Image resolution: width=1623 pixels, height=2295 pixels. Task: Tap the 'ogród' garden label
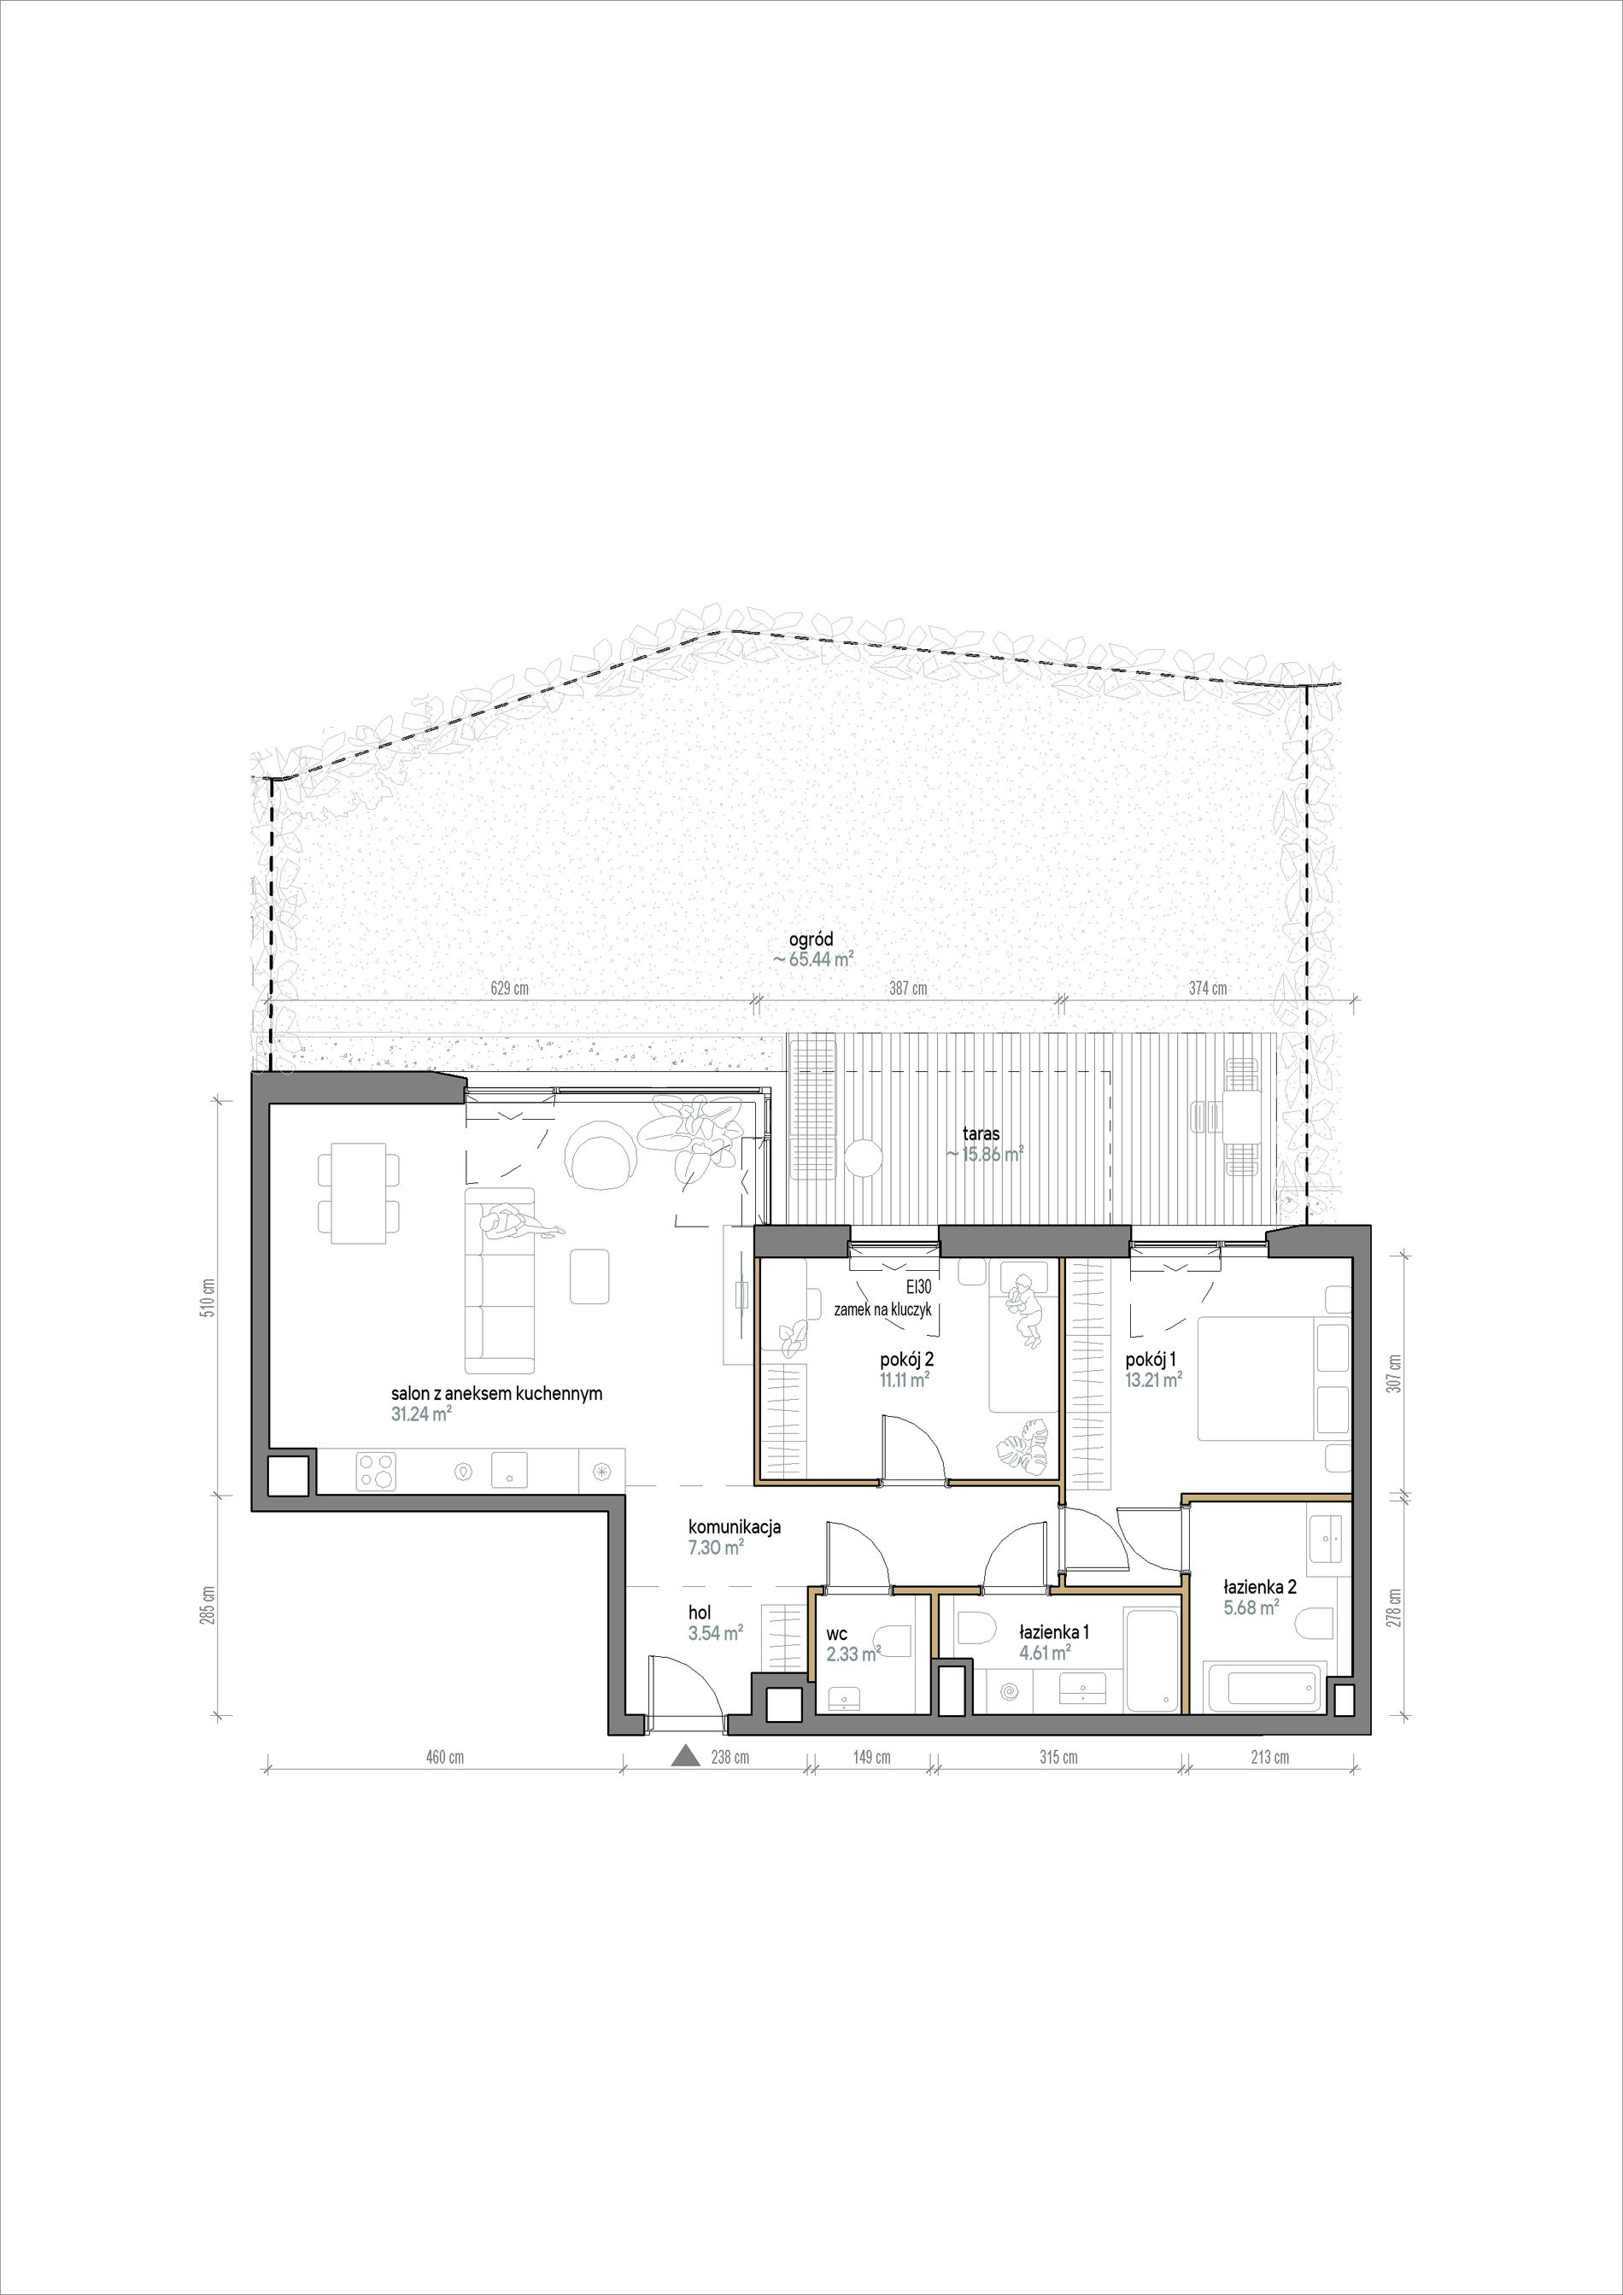pyautogui.click(x=811, y=940)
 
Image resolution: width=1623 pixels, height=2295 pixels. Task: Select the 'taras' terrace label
pyautogui.click(x=981, y=1134)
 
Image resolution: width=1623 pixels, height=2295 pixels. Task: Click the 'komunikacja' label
pyautogui.click(x=734, y=1527)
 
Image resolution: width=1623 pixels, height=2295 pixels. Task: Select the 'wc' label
pyautogui.click(x=836, y=1633)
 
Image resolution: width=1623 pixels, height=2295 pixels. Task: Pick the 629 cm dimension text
pyautogui.click(x=510, y=988)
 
